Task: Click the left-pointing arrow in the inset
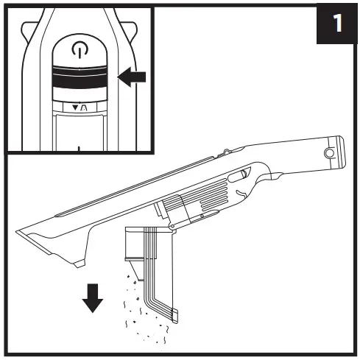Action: (x=133, y=77)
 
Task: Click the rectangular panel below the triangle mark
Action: (x=78, y=133)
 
